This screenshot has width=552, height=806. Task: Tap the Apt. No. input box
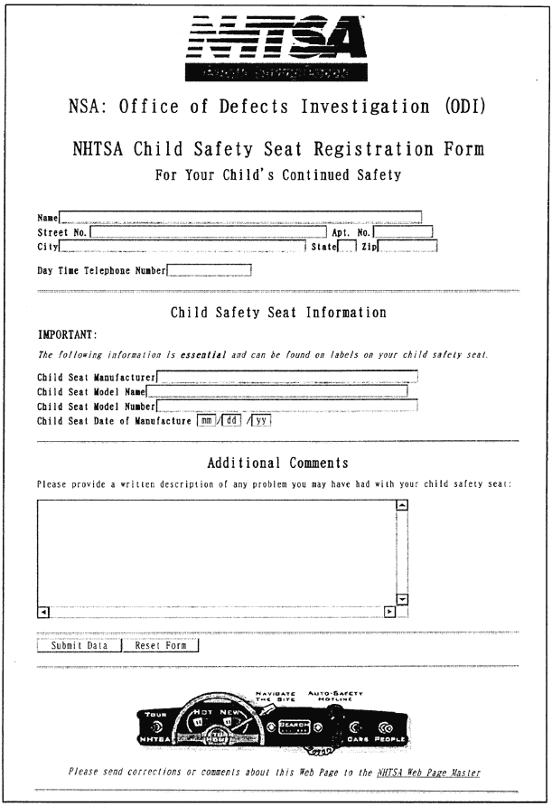404,232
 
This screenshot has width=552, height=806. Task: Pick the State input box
346,246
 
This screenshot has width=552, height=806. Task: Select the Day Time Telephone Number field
209,269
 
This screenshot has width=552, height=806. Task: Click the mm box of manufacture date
205,420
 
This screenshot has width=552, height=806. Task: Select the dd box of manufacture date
231,420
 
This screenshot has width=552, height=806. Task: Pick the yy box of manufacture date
262,420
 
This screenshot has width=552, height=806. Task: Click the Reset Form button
161,646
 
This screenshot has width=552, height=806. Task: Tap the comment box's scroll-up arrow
403,504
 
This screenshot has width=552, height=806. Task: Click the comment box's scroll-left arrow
42,612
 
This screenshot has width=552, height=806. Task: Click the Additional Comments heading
277,464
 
